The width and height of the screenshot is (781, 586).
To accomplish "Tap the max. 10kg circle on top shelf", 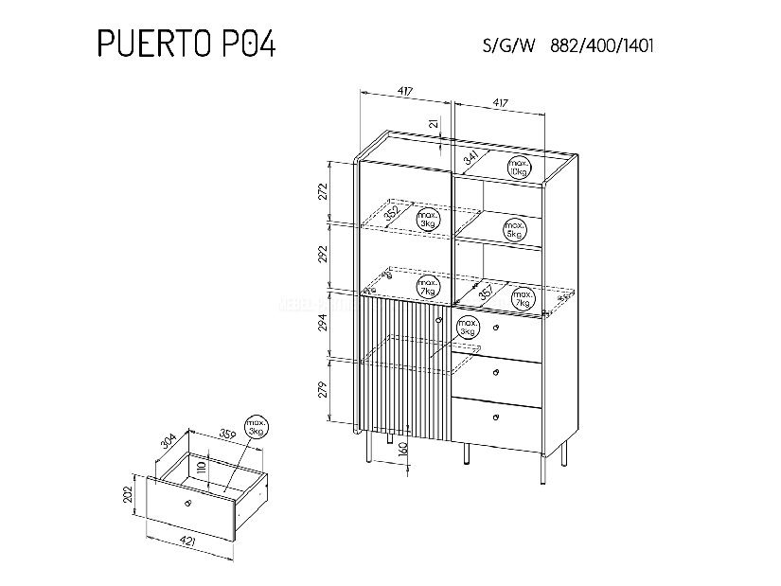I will [517, 166].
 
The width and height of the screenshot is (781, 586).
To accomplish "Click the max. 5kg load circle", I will [515, 228].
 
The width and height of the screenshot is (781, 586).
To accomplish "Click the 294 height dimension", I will [321, 324].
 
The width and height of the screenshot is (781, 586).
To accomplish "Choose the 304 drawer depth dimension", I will [167, 444].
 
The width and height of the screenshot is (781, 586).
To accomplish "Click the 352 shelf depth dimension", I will [392, 213].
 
